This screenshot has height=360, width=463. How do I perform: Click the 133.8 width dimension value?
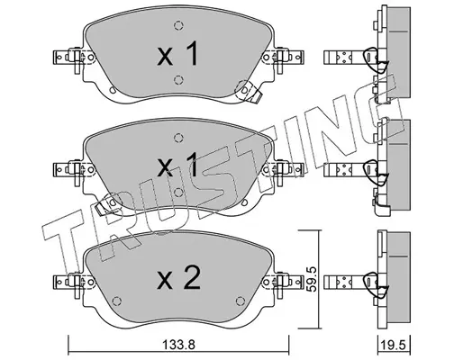[178, 344]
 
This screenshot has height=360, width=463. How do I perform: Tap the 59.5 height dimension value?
[312, 279]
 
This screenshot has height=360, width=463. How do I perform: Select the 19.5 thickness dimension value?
[394, 345]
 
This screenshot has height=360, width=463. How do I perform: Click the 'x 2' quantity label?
[178, 278]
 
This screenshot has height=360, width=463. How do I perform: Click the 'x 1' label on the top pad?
[177, 54]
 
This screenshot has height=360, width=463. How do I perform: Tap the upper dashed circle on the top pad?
[178, 26]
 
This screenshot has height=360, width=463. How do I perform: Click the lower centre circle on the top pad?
[178, 80]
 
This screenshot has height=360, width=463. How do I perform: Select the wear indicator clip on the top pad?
[250, 92]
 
